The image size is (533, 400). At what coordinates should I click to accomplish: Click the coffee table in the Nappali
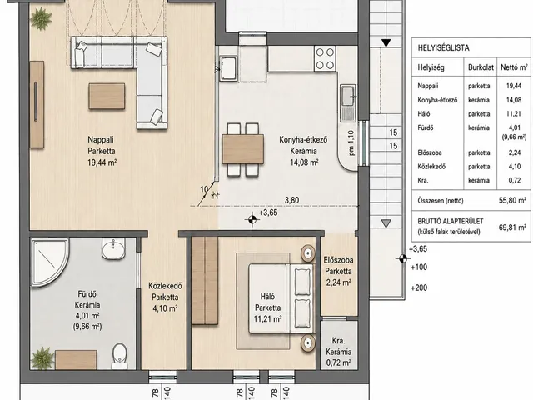tap(107, 97)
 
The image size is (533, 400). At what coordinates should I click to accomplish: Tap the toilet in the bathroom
tap(120, 356)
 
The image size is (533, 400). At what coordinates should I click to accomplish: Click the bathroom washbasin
tap(113, 248)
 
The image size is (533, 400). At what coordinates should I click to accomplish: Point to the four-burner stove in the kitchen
tap(325, 58)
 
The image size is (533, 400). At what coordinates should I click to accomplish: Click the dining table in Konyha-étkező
tap(243, 149)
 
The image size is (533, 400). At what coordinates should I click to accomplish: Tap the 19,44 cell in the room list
tap(514, 86)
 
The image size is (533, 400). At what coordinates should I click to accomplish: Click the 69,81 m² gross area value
tap(512, 227)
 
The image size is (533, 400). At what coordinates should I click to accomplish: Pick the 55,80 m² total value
tap(512, 200)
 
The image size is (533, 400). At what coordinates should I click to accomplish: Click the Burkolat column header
tap(481, 67)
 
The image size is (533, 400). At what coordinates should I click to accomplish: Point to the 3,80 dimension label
tap(291, 200)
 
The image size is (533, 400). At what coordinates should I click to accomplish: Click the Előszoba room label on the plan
tap(338, 260)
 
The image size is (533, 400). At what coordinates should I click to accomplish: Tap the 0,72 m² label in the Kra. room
tap(338, 363)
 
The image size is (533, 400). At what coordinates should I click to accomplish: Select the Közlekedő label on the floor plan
tap(165, 286)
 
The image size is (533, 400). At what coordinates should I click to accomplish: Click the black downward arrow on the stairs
tap(386, 43)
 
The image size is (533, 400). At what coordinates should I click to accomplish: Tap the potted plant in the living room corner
tap(41, 18)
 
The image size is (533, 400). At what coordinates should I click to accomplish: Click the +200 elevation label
tap(419, 287)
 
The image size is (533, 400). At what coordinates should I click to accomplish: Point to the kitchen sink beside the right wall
tap(348, 103)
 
